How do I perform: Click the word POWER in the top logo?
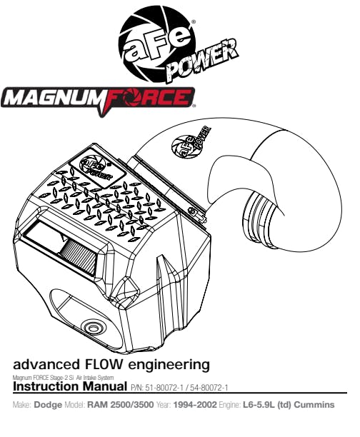[x=203, y=61]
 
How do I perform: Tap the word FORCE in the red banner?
[x=147, y=98]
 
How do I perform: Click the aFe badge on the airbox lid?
[x=96, y=168]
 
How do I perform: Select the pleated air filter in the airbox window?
[x=80, y=256]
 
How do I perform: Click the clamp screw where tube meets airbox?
[x=192, y=211]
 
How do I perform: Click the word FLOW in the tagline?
[x=102, y=364]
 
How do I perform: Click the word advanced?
[x=46, y=365]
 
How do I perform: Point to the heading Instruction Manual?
[x=70, y=386]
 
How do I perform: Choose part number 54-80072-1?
[x=209, y=388]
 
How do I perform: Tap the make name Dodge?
[x=48, y=405]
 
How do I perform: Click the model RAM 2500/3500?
[x=121, y=405]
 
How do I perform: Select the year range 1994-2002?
[x=195, y=405]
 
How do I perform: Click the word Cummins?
[x=314, y=405]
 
